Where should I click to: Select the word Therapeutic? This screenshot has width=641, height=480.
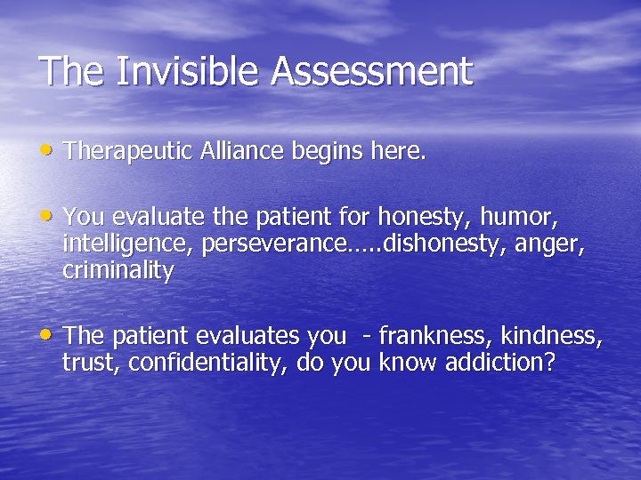[125, 152]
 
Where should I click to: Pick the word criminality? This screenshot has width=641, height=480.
[118, 271]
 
